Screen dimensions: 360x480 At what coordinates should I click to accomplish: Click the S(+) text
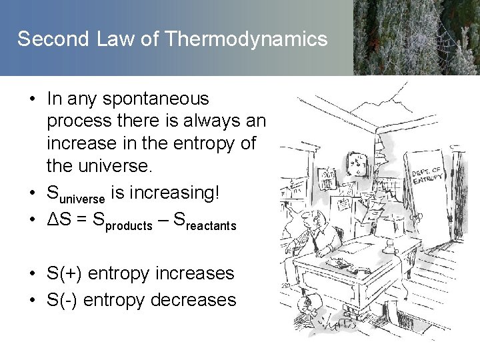click(x=65, y=273)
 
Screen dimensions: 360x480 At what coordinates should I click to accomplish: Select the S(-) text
click(x=64, y=300)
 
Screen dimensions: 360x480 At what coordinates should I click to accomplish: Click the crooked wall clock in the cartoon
click(x=359, y=158)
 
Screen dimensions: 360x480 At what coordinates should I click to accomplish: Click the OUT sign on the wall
click(x=328, y=175)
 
